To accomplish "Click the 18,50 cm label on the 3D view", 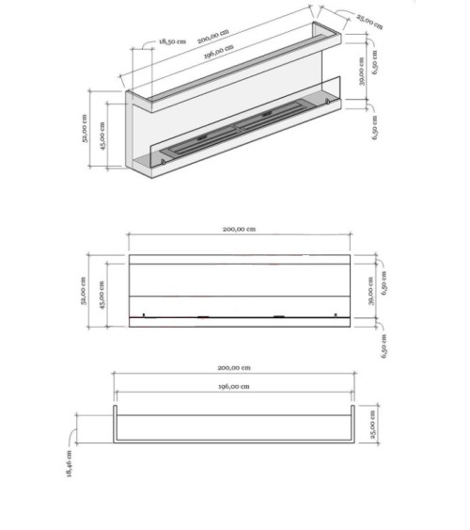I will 172,41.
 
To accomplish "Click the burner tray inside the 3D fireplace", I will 240,131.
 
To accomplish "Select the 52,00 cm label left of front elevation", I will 84,292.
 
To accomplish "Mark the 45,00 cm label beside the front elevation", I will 102,292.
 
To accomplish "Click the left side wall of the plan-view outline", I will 116,426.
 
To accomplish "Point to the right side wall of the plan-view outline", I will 353,426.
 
